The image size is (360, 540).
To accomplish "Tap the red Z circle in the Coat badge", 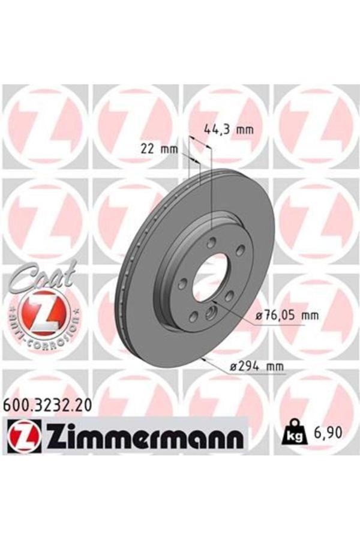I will click(40, 312).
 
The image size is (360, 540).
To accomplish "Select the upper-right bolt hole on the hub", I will click(240, 250).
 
